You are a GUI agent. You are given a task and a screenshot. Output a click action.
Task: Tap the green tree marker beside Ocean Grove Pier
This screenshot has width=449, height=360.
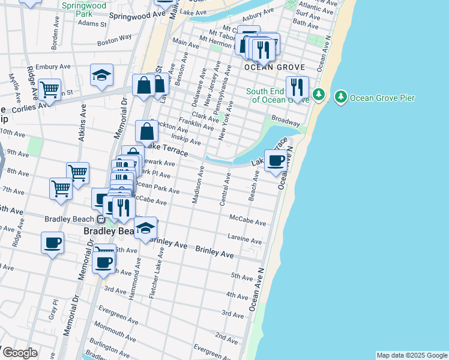click(x=341, y=97)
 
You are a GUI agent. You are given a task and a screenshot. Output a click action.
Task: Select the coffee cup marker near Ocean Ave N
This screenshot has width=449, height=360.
click(x=276, y=161)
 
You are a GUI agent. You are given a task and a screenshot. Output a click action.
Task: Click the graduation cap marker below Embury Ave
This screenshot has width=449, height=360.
click(x=102, y=76)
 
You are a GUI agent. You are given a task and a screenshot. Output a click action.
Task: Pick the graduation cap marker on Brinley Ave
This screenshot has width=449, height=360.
click(x=145, y=229)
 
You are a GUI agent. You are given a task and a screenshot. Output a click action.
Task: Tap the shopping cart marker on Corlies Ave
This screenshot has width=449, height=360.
click(x=49, y=91)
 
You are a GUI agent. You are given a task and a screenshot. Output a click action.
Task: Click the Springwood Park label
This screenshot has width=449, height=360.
click(x=84, y=9)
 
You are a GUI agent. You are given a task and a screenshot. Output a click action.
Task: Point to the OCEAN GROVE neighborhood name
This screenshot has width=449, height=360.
click(x=274, y=68)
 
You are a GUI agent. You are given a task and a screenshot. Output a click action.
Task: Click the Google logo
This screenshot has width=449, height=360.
click(x=19, y=353)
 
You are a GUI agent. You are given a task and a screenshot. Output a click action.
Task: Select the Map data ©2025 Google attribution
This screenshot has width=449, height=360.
click(x=412, y=355)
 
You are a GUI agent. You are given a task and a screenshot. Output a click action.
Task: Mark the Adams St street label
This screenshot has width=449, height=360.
click(x=92, y=25)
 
